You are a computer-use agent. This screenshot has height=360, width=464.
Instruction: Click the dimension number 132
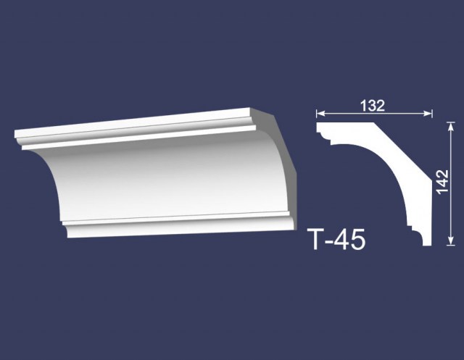(372, 106)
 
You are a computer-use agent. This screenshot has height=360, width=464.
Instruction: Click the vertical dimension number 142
(443, 182)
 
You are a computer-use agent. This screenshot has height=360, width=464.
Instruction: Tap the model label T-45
(336, 240)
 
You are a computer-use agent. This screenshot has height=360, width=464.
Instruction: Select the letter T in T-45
(315, 240)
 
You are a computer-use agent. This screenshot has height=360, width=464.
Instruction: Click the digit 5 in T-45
(359, 240)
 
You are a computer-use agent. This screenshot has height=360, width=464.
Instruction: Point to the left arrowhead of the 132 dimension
(320, 114)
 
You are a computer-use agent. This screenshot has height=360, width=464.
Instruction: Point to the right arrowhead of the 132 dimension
(428, 114)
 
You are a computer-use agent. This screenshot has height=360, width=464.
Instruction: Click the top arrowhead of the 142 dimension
(451, 126)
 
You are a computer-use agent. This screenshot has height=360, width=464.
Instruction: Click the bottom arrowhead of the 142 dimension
(451, 241)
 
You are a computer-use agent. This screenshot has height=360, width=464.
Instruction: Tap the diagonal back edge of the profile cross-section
(402, 151)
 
